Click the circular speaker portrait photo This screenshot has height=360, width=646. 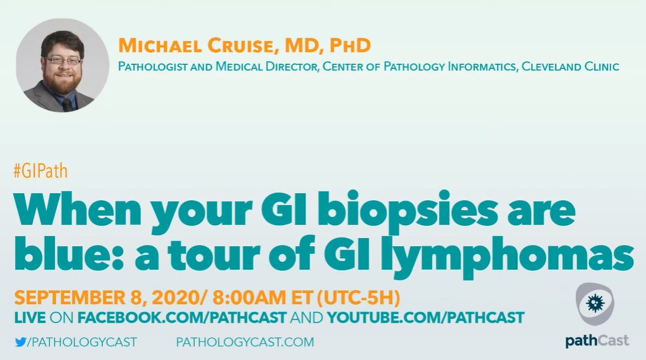[63, 65]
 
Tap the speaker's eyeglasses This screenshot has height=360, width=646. [63, 60]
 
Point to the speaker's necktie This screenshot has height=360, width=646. [68, 105]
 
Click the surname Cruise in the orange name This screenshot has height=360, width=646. [240, 45]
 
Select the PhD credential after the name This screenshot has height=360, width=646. [350, 45]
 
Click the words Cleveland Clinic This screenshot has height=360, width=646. [570, 67]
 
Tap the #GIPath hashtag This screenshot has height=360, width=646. [40, 170]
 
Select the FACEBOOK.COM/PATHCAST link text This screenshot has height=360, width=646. [182, 318]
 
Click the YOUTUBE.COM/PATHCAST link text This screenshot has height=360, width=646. [425, 318]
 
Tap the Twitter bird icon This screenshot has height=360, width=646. [21, 342]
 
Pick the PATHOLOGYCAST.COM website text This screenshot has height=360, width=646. [245, 342]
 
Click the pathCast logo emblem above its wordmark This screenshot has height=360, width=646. [595, 304]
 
